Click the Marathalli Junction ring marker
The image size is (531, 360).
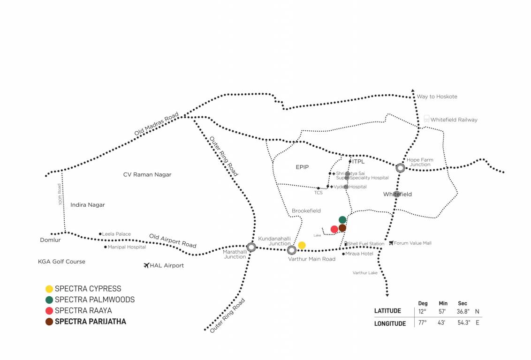coord(251,247)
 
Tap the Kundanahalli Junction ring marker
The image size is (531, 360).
coord(291,250)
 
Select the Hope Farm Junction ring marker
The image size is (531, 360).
coord(400,168)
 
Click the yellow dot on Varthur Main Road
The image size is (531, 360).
coord(302,245)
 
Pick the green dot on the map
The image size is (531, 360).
coord(342,219)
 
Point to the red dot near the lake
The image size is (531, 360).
coord(334,229)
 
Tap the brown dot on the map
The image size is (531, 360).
coord(342,228)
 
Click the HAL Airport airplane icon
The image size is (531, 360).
coord(146,266)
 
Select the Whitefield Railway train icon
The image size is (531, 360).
coord(426,119)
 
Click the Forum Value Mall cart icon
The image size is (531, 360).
coord(391,243)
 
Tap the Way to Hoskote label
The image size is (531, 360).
coord(437,97)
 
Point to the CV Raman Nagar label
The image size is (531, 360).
coord(147,175)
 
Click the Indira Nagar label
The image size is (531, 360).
coord(88,205)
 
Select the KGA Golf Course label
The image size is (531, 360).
coord(61,262)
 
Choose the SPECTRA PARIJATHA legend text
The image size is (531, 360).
coord(91,322)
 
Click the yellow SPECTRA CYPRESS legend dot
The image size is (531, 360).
coord(49,289)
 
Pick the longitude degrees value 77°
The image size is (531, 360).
coord(423,322)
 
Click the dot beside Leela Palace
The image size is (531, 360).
coord(100,234)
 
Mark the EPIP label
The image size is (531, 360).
coord(302,167)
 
